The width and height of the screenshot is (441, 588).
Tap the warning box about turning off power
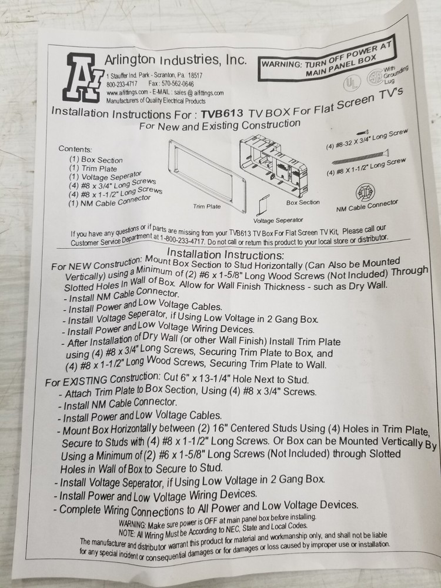click(327, 62)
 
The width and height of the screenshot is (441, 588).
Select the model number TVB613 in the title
click(222, 113)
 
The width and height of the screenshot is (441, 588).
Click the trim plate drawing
click(208, 175)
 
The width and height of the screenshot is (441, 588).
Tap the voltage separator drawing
click(263, 205)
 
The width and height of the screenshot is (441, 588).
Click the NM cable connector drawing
click(365, 192)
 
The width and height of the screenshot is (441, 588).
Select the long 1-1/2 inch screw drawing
click(360, 157)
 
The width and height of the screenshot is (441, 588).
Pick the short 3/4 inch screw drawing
click(363, 132)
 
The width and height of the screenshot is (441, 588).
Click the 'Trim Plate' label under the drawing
click(207, 206)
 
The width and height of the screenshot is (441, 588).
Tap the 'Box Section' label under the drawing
click(303, 202)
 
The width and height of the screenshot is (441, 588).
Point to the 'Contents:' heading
click(75, 149)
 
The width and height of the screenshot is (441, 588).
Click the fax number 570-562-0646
click(181, 84)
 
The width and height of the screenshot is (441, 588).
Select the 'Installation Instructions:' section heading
click(225, 254)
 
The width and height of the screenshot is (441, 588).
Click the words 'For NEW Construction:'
click(97, 264)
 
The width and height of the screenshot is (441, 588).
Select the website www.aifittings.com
click(127, 92)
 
